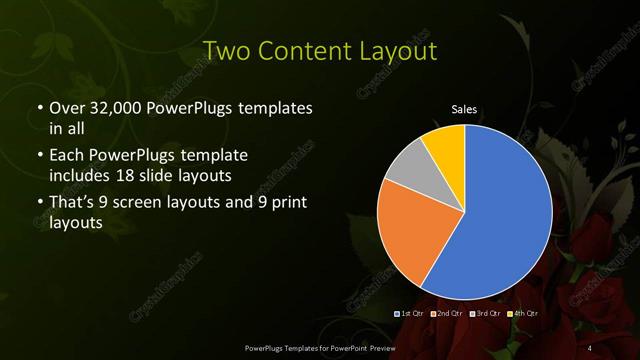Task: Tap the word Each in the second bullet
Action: (65, 156)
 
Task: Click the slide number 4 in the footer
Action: (591, 346)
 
